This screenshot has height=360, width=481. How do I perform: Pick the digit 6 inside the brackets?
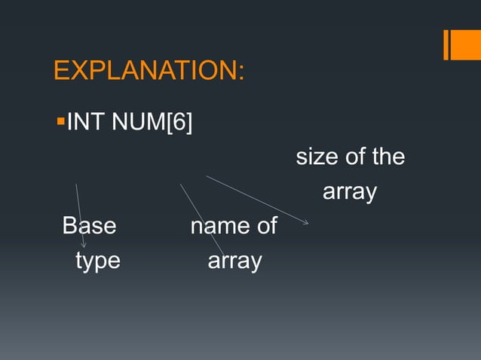(x=179, y=121)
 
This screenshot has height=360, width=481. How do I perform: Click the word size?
(x=315, y=157)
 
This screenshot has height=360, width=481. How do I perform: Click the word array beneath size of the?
(x=349, y=193)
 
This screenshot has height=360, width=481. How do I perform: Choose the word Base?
(x=89, y=226)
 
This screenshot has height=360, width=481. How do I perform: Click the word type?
(x=97, y=261)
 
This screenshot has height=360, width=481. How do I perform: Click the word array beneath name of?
(x=234, y=261)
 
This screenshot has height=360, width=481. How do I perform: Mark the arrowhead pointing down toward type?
(x=84, y=244)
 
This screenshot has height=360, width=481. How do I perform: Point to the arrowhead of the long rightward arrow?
(x=305, y=222)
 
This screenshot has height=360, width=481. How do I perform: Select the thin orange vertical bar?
(x=447, y=44)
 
